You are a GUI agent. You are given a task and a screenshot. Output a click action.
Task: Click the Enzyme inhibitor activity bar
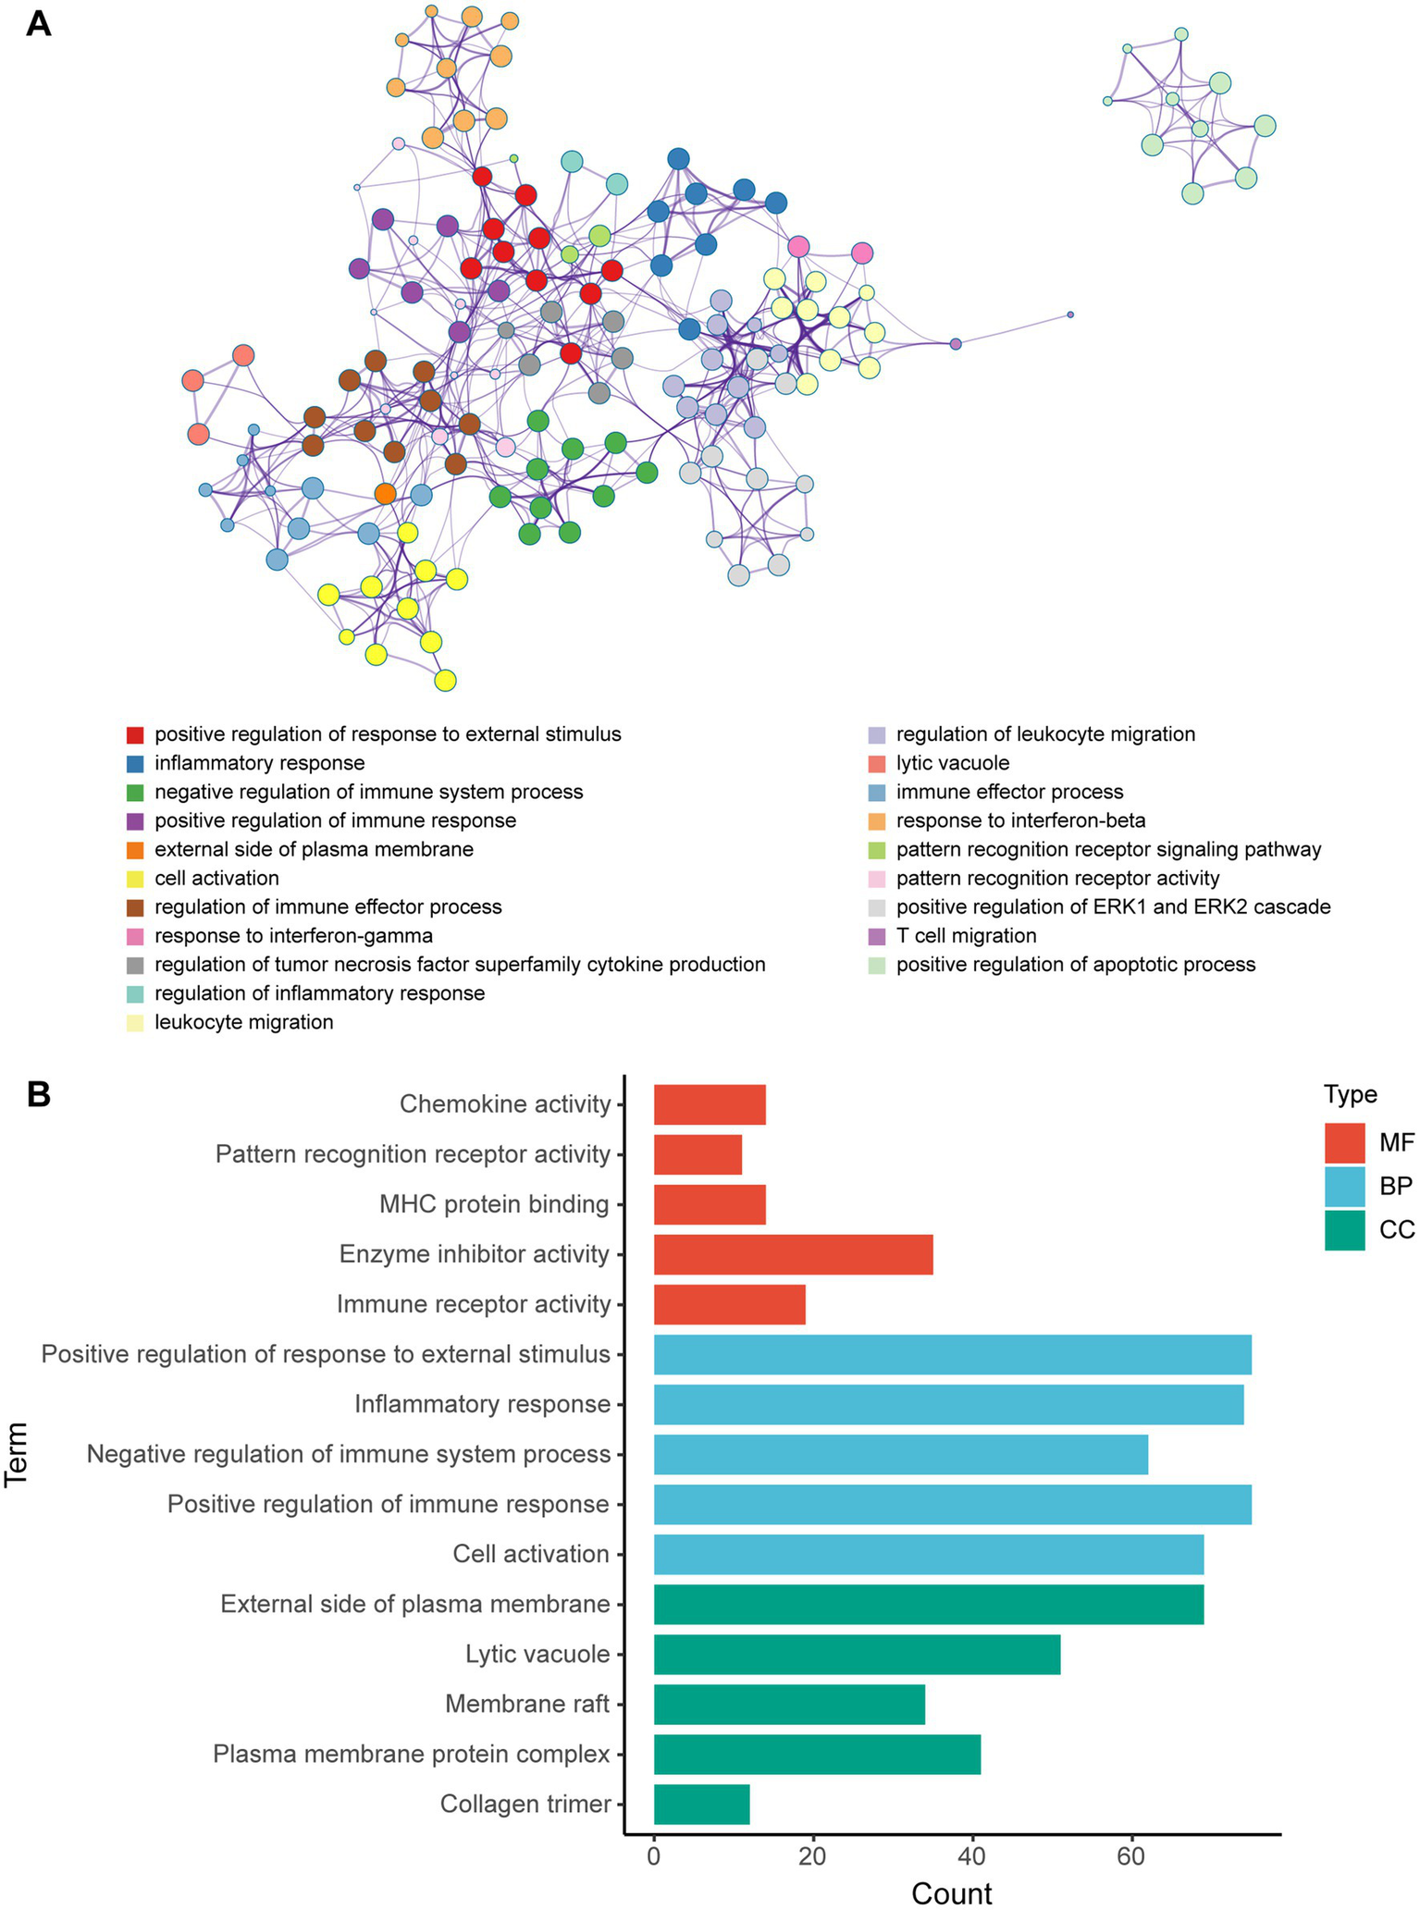coord(793,1254)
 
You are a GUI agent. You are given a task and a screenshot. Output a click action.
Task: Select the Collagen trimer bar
coord(701,1804)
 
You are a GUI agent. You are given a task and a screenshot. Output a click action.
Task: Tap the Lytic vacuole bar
coord(857,1654)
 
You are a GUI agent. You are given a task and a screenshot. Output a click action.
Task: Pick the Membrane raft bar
coord(789,1704)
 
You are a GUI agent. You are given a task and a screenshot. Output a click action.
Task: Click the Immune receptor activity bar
coord(729,1304)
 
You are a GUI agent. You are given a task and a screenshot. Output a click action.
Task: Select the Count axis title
coord(952,1892)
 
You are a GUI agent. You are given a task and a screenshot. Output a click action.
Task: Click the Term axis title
coord(16,1453)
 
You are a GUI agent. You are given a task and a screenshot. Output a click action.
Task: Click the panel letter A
coord(38,24)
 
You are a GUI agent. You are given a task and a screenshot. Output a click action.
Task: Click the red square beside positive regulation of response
coord(135,734)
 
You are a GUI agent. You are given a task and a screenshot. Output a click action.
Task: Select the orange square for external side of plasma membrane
coord(135,850)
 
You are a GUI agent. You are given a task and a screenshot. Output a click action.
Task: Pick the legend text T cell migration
coord(966,936)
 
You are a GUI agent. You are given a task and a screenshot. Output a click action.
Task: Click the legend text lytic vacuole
coord(953,763)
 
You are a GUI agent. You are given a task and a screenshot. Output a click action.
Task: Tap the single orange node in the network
coord(386,494)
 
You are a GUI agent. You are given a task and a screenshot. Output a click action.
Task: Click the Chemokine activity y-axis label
coord(505,1103)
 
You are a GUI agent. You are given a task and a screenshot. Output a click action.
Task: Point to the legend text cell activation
coord(216,879)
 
